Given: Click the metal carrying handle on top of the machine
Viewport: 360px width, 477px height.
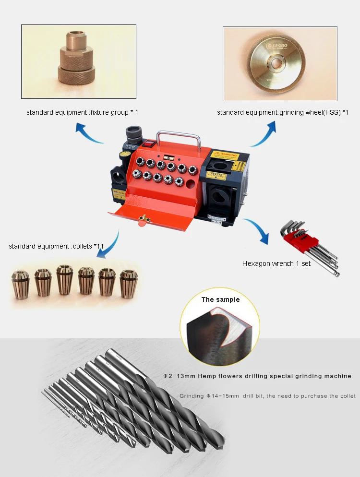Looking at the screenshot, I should coord(178,136).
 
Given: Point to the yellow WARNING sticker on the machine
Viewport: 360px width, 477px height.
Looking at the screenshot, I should coord(225,155).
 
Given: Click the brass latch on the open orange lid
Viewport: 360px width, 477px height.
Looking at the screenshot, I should coord(142,218).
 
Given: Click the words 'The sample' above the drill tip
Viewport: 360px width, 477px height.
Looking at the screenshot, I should coord(220,299).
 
